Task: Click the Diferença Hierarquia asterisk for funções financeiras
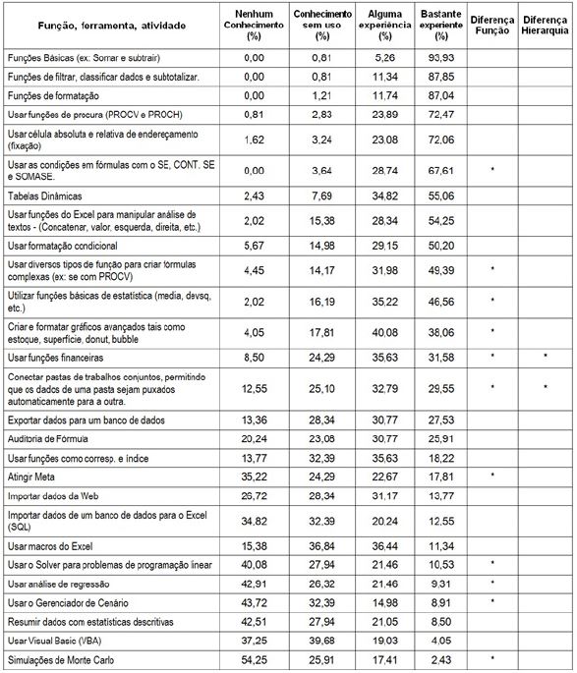point(544,357)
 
